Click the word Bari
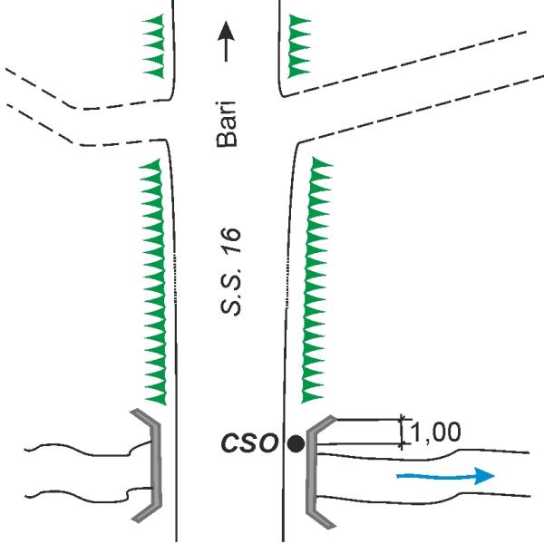(226, 124)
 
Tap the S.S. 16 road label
(230, 271)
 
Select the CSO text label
(250, 443)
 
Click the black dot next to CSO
(296, 443)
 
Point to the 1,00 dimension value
(436, 432)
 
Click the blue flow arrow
(445, 476)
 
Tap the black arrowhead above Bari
(226, 32)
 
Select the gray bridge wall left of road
(150, 465)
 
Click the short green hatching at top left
(153, 46)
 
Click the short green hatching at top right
(299, 46)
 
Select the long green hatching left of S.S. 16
(153, 282)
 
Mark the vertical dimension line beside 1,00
(402, 432)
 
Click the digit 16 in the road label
(230, 239)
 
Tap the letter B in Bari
(227, 140)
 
